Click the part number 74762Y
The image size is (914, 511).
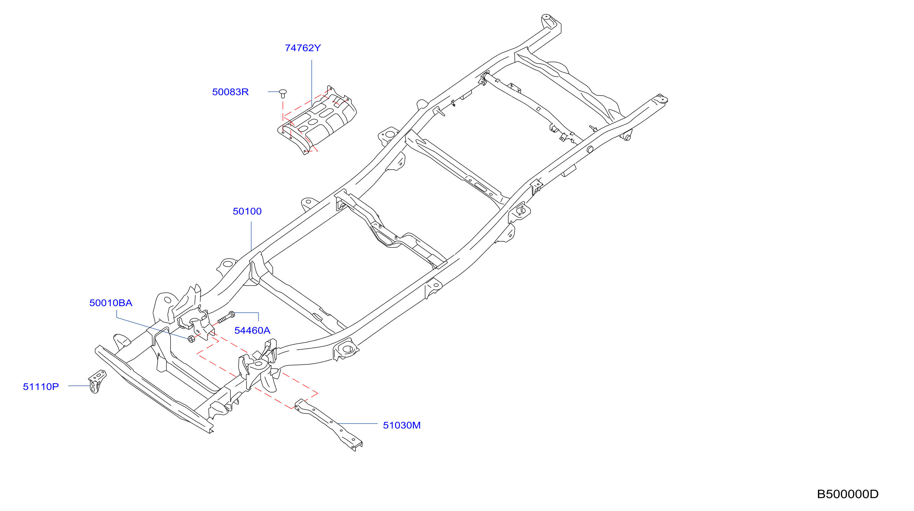pos(303,48)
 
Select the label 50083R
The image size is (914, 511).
pos(230,92)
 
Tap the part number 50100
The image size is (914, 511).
pos(247,211)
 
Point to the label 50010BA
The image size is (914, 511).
pos(111,303)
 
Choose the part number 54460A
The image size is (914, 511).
pos(252,330)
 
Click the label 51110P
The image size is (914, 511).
pos(41,386)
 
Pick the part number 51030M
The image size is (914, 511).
pos(402,425)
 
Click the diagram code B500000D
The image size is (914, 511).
pos(848,494)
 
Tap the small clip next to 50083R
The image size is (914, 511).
pos(283,93)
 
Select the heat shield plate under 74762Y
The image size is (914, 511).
pos(317,120)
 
